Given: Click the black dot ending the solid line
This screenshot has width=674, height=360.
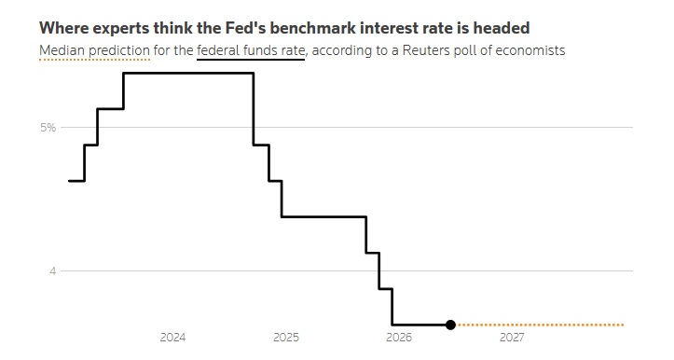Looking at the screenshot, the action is point(450,325).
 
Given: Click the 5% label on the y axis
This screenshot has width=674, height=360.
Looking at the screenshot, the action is point(48,128).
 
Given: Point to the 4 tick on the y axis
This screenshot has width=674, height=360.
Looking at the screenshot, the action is point(52,271).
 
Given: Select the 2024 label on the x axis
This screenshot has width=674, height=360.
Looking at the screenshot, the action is point(172,338).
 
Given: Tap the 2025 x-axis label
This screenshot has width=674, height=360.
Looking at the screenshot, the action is point(286,338).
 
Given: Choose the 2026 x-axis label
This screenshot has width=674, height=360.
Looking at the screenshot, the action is point(399,338).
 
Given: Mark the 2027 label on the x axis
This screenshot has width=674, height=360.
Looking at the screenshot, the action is point(512,338).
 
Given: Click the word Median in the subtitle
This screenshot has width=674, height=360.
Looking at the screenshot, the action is point(62,50).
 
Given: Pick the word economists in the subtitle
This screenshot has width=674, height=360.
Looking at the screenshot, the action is point(530,50).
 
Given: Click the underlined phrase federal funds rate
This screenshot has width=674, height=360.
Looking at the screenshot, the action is point(251,50).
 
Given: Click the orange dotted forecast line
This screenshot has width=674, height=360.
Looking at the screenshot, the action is point(540,325).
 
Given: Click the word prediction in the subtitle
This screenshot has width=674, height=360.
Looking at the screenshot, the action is point(119,50).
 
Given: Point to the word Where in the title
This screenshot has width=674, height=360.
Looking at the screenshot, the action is point(63,28).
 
